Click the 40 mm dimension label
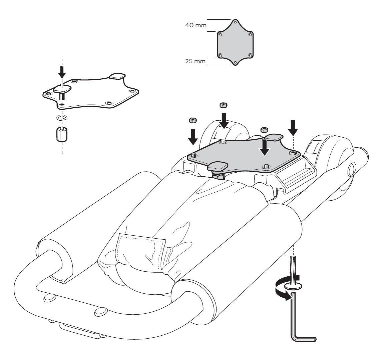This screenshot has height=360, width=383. [x=196, y=25]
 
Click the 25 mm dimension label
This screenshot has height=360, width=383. [x=196, y=62]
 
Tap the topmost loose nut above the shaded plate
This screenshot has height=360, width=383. [x=223, y=105]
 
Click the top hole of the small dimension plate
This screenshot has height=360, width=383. [x=235, y=23]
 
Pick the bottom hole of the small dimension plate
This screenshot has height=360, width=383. [x=235, y=62]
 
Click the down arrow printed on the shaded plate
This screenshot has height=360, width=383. [x=265, y=148]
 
